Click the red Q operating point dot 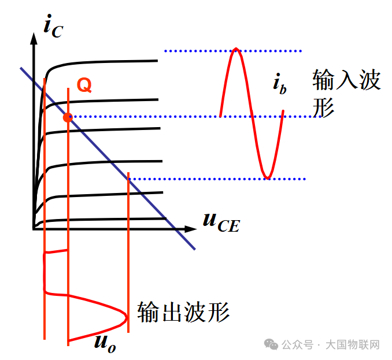pyautogui.click(x=68, y=117)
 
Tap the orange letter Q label pyautogui.click(x=84, y=85)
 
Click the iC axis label pyautogui.click(x=53, y=26)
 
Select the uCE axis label pyautogui.click(x=221, y=222)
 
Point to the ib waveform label pyautogui.click(x=279, y=84)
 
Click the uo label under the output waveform pyautogui.click(x=105, y=343)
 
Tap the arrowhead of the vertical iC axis pyautogui.click(x=34, y=39)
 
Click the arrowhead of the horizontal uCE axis pyautogui.click(x=190, y=229)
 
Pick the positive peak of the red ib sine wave pyautogui.click(x=236, y=49)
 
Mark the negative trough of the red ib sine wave pyautogui.click(x=268, y=178)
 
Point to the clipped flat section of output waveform pyautogui.click(x=45, y=272)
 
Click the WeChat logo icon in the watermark pyautogui.click(x=271, y=344)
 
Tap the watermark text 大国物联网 pyautogui.click(x=353, y=345)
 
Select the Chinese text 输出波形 pyautogui.click(x=183, y=312)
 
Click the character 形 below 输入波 pyautogui.click(x=323, y=107)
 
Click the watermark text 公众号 pyautogui.click(x=298, y=345)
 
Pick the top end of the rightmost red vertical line pyautogui.click(x=128, y=172)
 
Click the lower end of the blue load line pyautogui.click(x=195, y=249)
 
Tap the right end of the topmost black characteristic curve pyautogui.click(x=157, y=61)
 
